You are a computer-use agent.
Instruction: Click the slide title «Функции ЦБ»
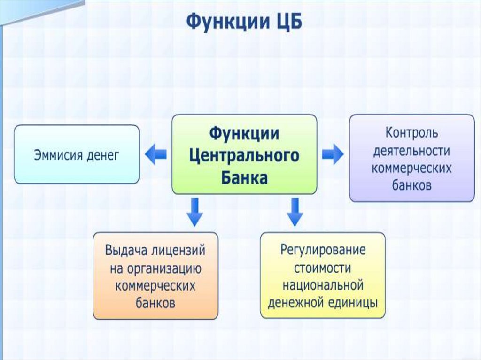[x=245, y=22]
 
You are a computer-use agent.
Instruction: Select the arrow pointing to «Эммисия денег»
[x=155, y=155]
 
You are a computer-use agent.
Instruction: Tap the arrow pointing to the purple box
[x=333, y=154]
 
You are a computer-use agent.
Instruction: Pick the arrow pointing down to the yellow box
[x=295, y=212]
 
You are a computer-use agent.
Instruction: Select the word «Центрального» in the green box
[x=244, y=155]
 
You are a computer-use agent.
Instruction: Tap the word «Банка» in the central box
[x=244, y=177]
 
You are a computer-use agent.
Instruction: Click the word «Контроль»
[x=412, y=133]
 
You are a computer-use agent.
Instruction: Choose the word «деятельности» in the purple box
[x=412, y=151]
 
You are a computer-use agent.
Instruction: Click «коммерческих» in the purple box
[x=412, y=168]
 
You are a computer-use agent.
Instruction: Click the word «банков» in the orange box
[x=155, y=302]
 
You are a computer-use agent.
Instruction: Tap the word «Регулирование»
[x=323, y=250]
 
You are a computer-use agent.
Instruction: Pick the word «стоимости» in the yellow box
[x=323, y=267]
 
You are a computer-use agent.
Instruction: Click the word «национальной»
[x=323, y=284]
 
